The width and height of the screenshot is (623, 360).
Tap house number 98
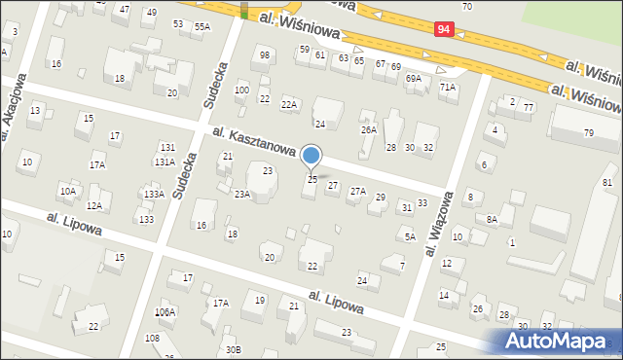(265, 54)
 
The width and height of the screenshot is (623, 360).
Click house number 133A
(154, 195)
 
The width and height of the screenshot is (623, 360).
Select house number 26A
(368, 129)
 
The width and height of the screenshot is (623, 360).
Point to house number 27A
(358, 192)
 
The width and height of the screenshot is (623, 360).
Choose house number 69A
(414, 78)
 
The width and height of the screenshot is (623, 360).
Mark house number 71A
(448, 87)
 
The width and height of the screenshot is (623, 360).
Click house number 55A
(202, 27)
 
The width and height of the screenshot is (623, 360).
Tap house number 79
(588, 132)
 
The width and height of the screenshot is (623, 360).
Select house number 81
(607, 183)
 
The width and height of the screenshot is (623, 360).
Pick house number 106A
(165, 312)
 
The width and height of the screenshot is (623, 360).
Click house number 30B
(232, 349)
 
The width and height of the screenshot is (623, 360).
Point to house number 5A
(410, 236)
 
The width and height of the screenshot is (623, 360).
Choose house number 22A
(288, 104)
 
